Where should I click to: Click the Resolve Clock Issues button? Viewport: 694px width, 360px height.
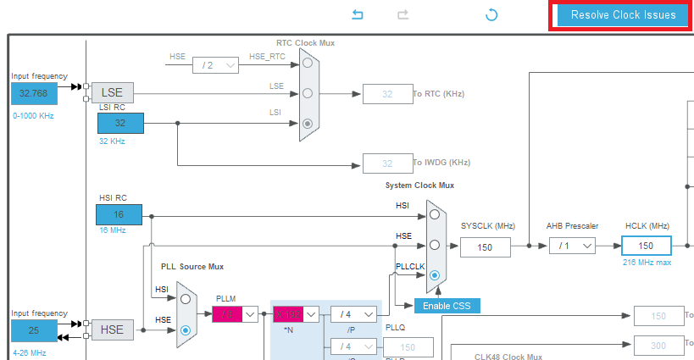(623, 15)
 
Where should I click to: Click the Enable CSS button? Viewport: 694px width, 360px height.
(447, 306)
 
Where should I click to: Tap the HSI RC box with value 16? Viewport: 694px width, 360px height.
(119, 214)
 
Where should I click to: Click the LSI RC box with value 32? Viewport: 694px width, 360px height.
(120, 123)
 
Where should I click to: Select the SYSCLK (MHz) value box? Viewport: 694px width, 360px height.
(486, 246)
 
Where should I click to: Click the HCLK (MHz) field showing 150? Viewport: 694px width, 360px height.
(646, 246)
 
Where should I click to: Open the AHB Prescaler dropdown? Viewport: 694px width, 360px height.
(572, 246)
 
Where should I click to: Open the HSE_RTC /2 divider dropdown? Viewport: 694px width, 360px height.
(215, 64)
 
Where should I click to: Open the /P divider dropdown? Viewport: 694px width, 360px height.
(353, 314)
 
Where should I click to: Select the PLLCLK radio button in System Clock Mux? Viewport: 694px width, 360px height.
(435, 275)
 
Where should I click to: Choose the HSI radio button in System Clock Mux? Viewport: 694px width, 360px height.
(435, 214)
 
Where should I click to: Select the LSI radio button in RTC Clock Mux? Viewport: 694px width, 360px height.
(308, 124)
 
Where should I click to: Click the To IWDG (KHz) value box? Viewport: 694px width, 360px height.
(387, 163)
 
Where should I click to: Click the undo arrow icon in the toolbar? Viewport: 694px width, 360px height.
(358, 15)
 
